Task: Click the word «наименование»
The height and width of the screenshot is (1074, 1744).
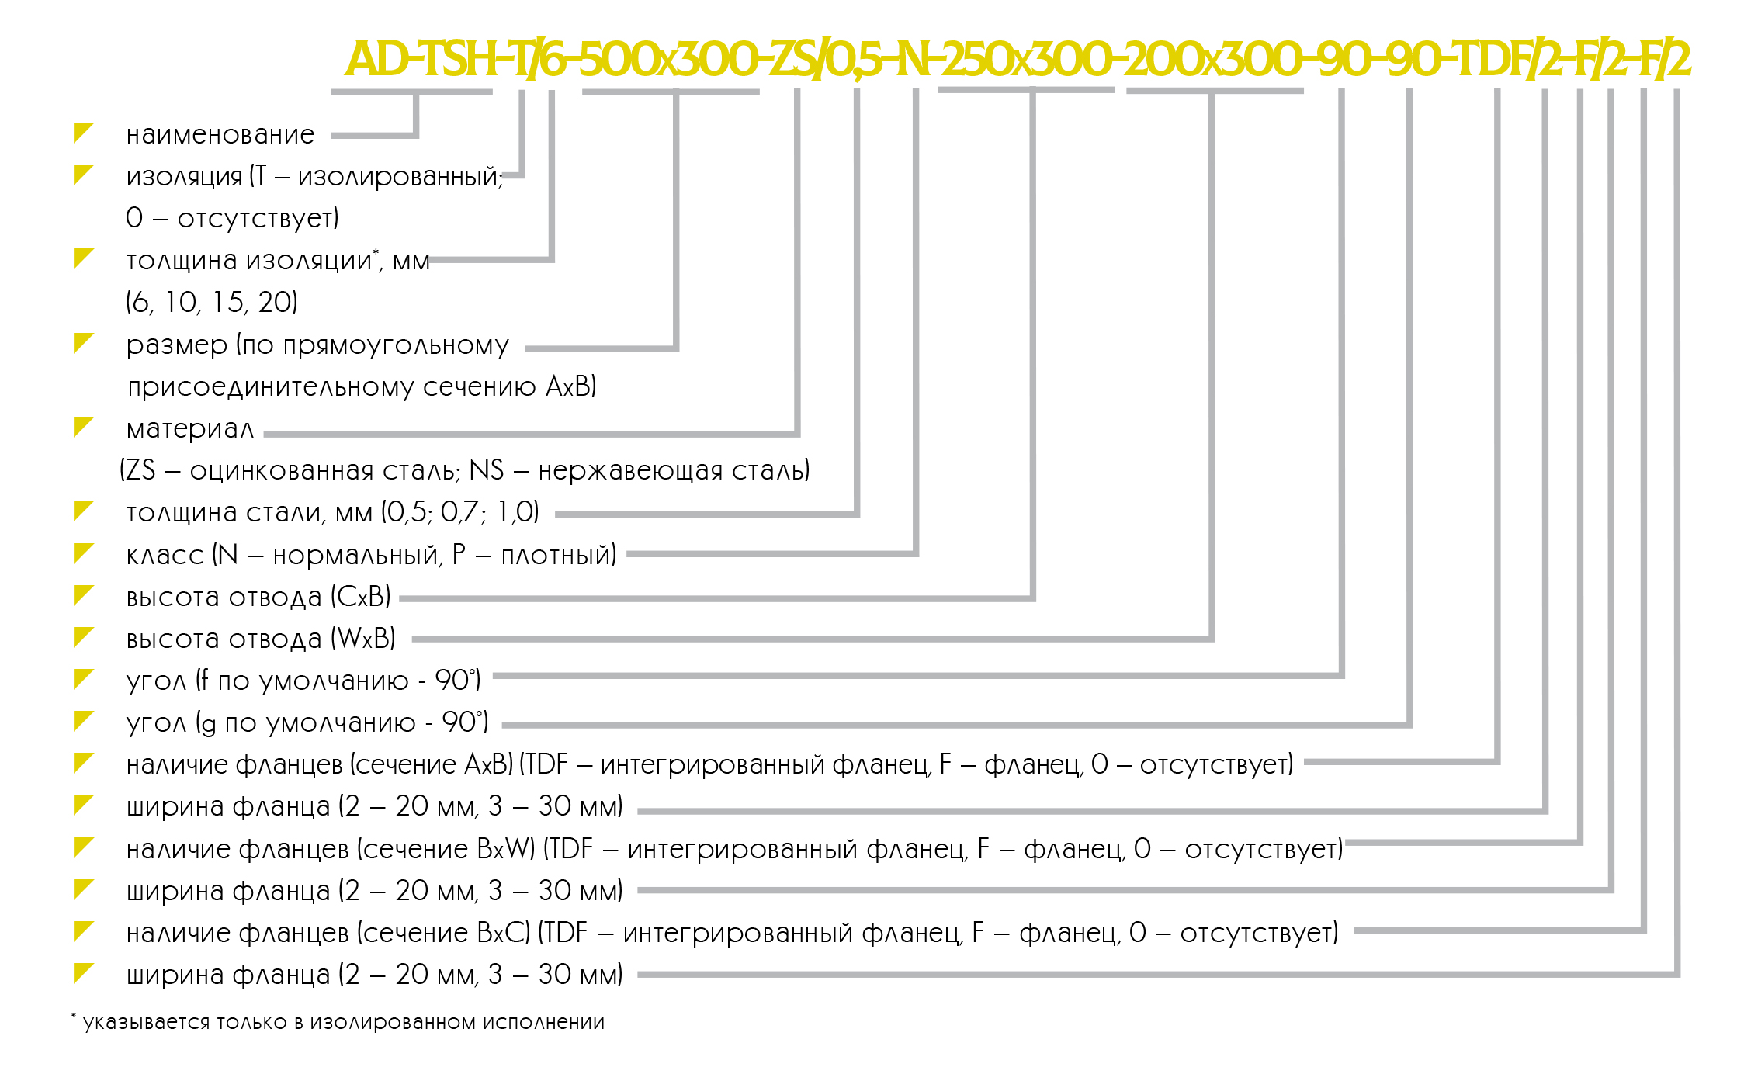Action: coord(220,135)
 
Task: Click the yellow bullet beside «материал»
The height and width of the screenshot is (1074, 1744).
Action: coord(83,427)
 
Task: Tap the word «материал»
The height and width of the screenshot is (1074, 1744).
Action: coord(190,429)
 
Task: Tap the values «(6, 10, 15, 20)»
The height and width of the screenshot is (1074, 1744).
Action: coord(212,302)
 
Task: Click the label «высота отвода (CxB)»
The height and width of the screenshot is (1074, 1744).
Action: coord(258,597)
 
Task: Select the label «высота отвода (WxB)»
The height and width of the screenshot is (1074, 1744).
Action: coord(261,639)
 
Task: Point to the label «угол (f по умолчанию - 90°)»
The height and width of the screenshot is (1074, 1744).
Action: coord(303,681)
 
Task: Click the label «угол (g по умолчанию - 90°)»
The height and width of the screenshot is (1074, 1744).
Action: coord(307,722)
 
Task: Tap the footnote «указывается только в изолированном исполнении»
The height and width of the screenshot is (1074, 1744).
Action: coord(344,1022)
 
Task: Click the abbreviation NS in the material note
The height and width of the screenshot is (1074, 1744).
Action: coord(487,470)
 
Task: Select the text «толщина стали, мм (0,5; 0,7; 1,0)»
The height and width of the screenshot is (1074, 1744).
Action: coord(332,512)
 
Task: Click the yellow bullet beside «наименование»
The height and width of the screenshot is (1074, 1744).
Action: coord(83,133)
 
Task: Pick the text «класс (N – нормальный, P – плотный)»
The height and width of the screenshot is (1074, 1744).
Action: coord(371,555)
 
